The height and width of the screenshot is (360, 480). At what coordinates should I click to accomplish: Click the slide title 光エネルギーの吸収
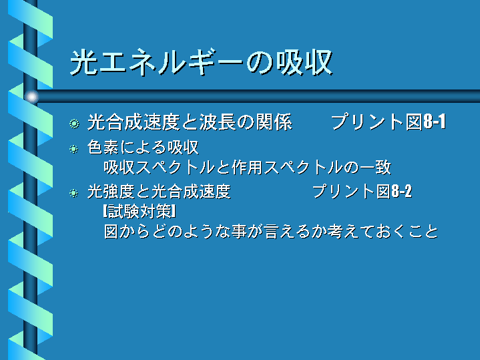(202, 62)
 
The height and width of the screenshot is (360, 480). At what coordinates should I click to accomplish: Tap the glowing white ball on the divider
(31, 97)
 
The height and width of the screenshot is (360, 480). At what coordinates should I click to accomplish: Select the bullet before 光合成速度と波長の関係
(74, 124)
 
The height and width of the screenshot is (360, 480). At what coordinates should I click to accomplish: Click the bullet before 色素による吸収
(74, 149)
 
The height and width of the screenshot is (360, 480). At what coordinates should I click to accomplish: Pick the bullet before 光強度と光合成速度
(74, 193)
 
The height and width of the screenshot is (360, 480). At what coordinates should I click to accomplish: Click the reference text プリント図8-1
(388, 122)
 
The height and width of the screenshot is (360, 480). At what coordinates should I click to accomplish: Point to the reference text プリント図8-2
(362, 192)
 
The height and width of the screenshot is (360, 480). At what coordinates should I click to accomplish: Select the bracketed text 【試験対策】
(140, 212)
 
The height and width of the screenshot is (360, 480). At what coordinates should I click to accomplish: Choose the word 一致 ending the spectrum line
(375, 167)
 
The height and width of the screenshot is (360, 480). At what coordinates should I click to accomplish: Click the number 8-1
(435, 122)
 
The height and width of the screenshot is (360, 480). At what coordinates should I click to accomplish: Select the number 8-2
(402, 192)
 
